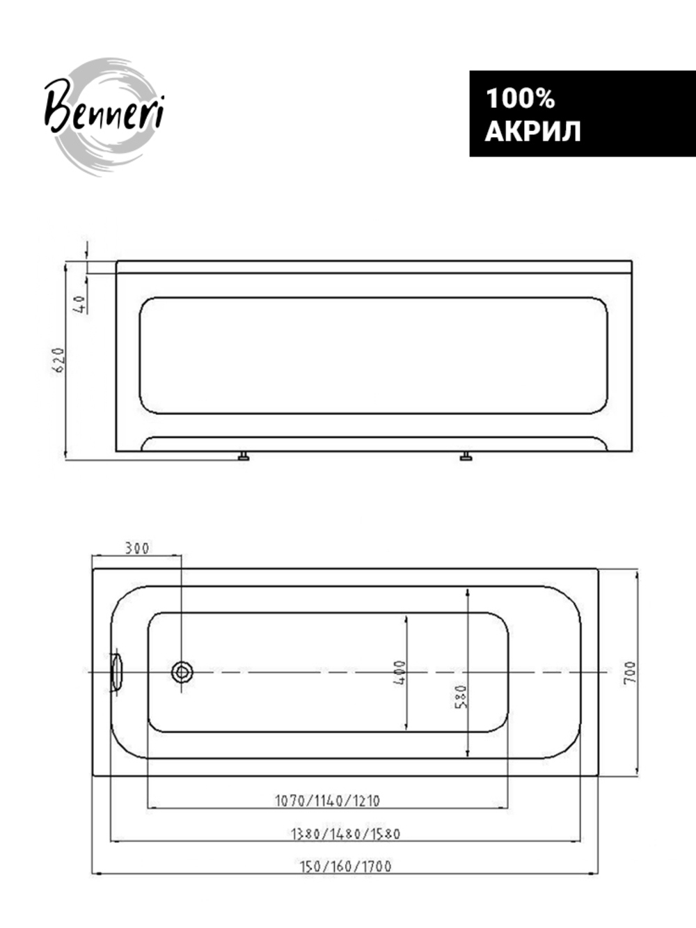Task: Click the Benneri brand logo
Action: click(x=104, y=116)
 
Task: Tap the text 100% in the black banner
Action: click(x=520, y=98)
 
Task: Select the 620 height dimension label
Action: click(x=59, y=360)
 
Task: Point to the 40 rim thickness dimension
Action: click(x=79, y=304)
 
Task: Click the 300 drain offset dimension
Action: click(x=137, y=549)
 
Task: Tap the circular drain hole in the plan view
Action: click(x=182, y=671)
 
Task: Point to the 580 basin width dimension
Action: click(x=461, y=697)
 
